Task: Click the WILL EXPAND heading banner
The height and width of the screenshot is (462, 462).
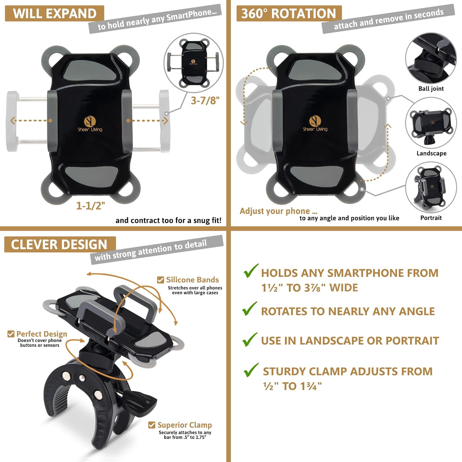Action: tap(55, 14)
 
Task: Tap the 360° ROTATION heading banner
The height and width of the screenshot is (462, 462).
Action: tap(289, 14)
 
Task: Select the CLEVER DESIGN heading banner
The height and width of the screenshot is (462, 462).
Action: tap(60, 245)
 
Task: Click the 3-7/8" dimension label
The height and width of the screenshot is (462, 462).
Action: tap(205, 100)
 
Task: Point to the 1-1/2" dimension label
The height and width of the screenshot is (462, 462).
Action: tap(91, 205)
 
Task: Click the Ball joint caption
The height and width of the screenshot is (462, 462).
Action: tap(431, 89)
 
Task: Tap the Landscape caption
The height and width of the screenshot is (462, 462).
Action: tap(431, 153)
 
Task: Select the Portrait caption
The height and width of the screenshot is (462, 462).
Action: tap(431, 218)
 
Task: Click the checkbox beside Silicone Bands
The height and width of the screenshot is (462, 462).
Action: tap(160, 280)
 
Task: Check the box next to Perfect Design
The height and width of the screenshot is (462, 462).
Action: tap(11, 334)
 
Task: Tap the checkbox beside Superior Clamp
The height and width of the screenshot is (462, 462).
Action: tap(152, 425)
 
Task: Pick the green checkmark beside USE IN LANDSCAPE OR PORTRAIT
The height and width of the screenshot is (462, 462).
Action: tap(250, 339)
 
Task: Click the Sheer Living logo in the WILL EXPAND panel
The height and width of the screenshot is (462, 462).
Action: tap(90, 124)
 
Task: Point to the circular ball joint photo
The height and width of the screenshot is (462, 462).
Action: tap(431, 58)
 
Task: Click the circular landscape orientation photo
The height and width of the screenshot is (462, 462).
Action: tap(431, 123)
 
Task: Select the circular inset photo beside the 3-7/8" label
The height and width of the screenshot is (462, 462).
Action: tap(193, 63)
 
